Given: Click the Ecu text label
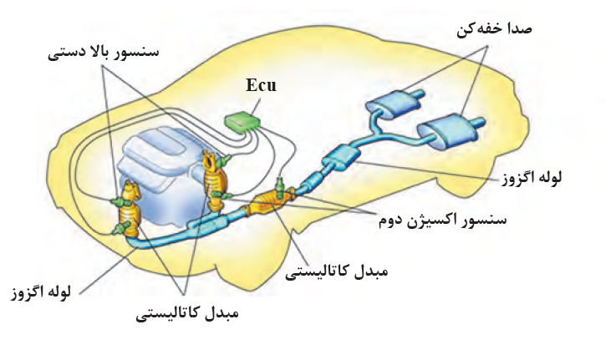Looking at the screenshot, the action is [261, 85].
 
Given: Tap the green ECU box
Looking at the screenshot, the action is [242, 122].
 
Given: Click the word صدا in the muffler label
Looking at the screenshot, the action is [518, 29].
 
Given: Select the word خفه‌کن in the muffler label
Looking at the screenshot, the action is [479, 30].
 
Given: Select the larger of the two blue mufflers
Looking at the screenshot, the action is [451, 130].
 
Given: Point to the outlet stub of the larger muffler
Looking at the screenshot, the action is [477, 124].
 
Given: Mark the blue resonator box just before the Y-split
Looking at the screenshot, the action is [340, 156].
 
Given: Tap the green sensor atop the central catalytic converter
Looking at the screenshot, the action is [280, 186].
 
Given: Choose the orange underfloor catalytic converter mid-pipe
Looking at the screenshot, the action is [270, 202].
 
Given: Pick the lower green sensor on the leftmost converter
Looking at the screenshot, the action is [121, 229].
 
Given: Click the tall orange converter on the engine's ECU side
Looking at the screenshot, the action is [215, 180].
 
